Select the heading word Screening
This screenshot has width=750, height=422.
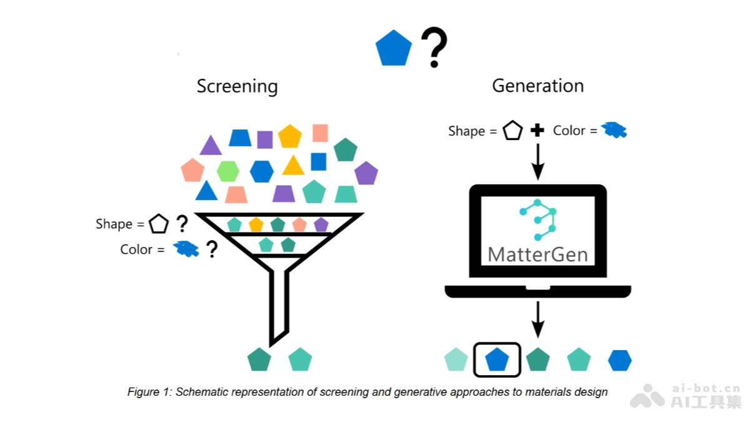click(237, 86)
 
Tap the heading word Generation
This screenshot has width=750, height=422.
click(537, 86)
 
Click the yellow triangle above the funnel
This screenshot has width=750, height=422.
click(293, 166)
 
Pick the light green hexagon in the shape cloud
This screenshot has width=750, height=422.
click(228, 171)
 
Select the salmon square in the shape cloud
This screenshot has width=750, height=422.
click(320, 133)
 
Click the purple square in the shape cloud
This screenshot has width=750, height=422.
click(265, 139)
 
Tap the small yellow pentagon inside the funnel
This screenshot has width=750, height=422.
click(256, 224)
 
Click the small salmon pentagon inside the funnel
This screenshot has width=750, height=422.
click(299, 224)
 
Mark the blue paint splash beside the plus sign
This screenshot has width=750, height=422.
click(614, 130)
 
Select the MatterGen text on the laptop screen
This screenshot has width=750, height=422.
click(537, 254)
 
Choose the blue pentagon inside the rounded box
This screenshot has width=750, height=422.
click(497, 360)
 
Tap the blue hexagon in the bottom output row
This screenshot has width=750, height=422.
click(620, 360)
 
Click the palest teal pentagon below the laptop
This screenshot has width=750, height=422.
click(456, 360)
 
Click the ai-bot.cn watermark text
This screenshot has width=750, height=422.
click(706, 388)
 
